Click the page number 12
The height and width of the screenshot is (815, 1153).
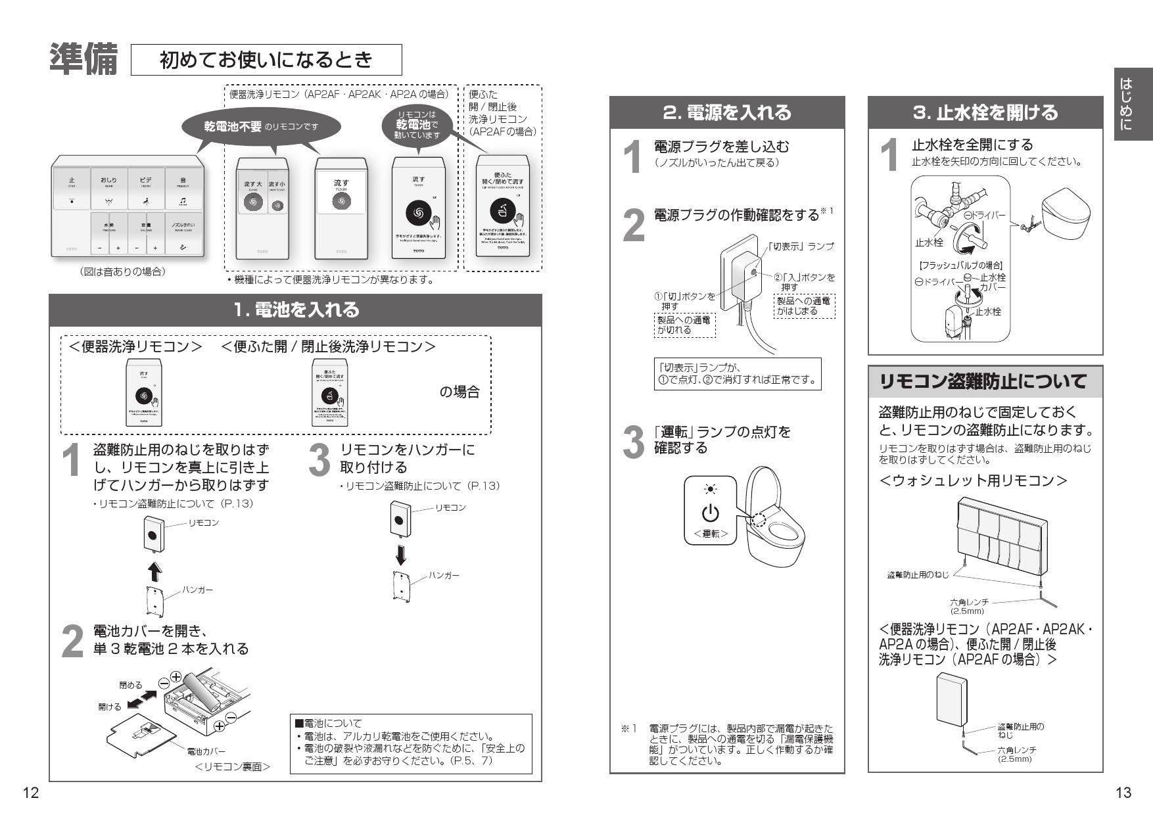pyautogui.click(x=30, y=793)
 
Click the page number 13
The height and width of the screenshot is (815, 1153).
pyautogui.click(x=1123, y=793)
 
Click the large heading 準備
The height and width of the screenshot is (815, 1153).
pyautogui.click(x=83, y=60)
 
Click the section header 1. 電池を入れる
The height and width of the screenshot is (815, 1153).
pyautogui.click(x=296, y=310)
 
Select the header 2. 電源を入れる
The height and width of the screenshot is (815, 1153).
pyautogui.click(x=726, y=112)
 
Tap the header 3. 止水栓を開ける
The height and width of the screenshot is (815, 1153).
pyautogui.click(x=985, y=112)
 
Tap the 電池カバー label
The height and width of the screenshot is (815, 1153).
pyautogui.click(x=206, y=751)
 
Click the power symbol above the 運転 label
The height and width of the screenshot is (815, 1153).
pyautogui.click(x=710, y=513)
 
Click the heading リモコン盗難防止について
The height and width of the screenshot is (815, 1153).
pyautogui.click(x=984, y=382)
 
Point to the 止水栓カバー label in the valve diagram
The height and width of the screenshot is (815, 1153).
pyautogui.click(x=993, y=283)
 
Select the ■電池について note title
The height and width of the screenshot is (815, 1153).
pyautogui.click(x=329, y=723)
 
